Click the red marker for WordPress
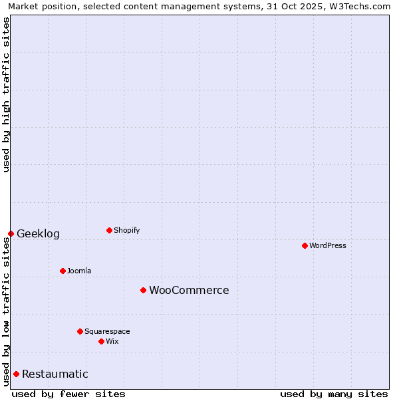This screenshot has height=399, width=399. tap(305, 245)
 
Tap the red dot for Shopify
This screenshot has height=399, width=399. tap(109, 230)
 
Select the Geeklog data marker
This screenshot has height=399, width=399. tap(11, 233)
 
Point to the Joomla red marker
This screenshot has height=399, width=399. tap(63, 271)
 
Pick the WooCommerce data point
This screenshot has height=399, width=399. tap(143, 290)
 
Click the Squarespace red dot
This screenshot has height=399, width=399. tap(80, 331)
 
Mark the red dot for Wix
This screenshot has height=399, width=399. tap(101, 341)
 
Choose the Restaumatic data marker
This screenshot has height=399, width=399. tap(16, 374)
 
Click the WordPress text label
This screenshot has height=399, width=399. tap(328, 245)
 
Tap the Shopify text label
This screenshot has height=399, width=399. tap(127, 230)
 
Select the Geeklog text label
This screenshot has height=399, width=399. tap(38, 233)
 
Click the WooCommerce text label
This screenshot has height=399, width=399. tap(189, 290)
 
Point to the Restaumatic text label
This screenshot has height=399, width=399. tap(55, 374)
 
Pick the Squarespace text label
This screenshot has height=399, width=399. tap(107, 331)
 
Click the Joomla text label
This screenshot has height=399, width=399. tap(79, 271)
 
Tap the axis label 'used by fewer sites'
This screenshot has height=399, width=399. tap(68, 394)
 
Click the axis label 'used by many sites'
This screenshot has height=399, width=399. tap(334, 394)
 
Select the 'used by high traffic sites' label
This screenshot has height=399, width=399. tap(7, 94)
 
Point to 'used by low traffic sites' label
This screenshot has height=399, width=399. tap(7, 311)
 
